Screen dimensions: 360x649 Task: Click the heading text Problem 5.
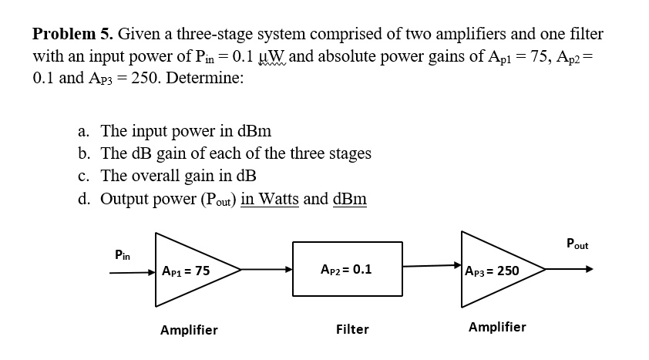73,35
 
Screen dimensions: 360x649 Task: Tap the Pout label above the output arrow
576,245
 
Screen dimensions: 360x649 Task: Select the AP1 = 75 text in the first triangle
186,271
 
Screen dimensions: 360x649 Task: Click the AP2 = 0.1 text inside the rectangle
346,270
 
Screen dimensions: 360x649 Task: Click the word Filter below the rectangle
352,330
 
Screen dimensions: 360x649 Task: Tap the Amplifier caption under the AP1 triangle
189,330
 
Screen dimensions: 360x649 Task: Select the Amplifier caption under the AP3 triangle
497,327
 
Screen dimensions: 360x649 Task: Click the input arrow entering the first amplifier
133,271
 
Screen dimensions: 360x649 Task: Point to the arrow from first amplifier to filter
267,271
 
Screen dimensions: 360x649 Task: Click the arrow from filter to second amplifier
432,267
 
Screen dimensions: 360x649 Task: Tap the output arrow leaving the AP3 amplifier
570,270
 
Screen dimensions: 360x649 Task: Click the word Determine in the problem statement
204,79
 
